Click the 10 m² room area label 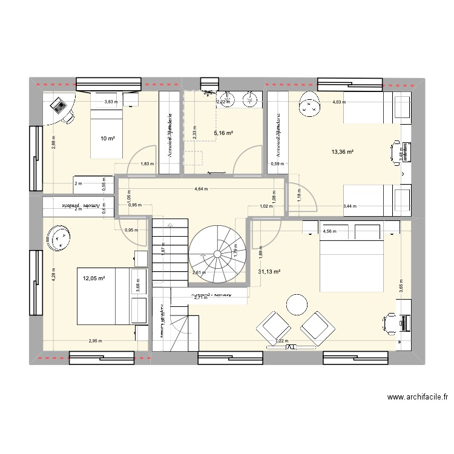click(108, 139)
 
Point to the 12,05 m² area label click(94, 278)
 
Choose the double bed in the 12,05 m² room click(104, 295)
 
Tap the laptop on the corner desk click(60, 106)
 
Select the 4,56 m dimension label click(329, 231)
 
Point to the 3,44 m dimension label click(350, 206)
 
